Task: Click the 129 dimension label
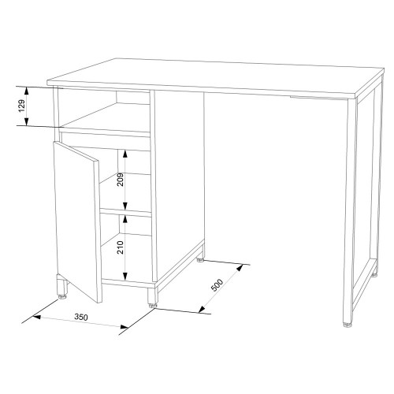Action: (22, 106)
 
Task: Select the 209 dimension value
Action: (121, 180)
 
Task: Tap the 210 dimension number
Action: (121, 247)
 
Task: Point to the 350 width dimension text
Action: (81, 317)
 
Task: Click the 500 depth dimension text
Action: (217, 285)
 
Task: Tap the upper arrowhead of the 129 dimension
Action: (26, 91)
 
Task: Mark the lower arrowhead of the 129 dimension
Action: (26, 121)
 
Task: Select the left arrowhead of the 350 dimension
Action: (36, 317)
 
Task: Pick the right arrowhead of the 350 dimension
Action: (125, 327)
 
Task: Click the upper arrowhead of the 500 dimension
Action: (240, 268)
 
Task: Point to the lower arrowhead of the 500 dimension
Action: (202, 310)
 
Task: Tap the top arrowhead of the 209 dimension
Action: (125, 154)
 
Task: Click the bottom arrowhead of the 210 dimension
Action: (125, 276)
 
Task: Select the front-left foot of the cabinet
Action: (62, 287)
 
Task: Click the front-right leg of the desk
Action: (348, 211)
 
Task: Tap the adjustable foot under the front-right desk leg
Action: (348, 325)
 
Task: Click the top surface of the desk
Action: (215, 76)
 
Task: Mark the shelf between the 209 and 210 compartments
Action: (126, 212)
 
